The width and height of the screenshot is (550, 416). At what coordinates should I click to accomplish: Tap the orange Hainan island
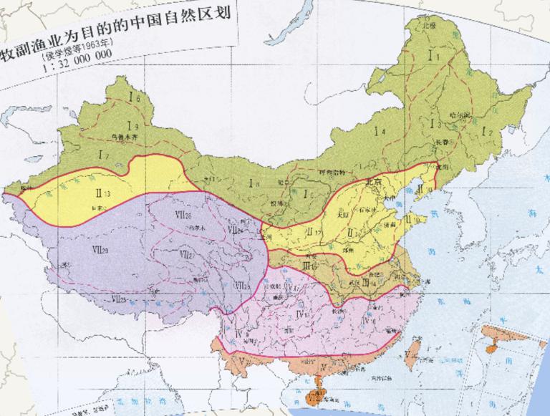[312, 394]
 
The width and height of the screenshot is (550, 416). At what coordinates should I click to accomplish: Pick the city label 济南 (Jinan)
[381, 223]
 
